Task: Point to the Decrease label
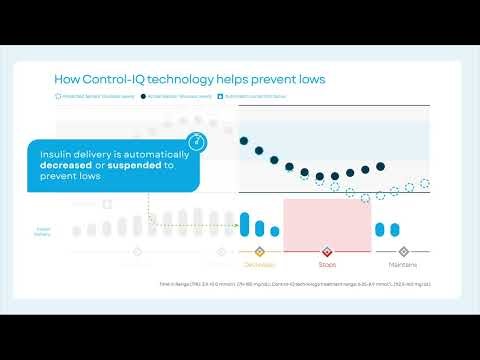(x=259, y=265)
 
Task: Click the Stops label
(x=327, y=265)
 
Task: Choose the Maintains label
(x=404, y=265)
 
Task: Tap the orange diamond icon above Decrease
(x=259, y=252)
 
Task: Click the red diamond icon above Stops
(x=327, y=252)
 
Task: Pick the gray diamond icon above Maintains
(x=404, y=252)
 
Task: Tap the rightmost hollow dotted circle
(x=425, y=184)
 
